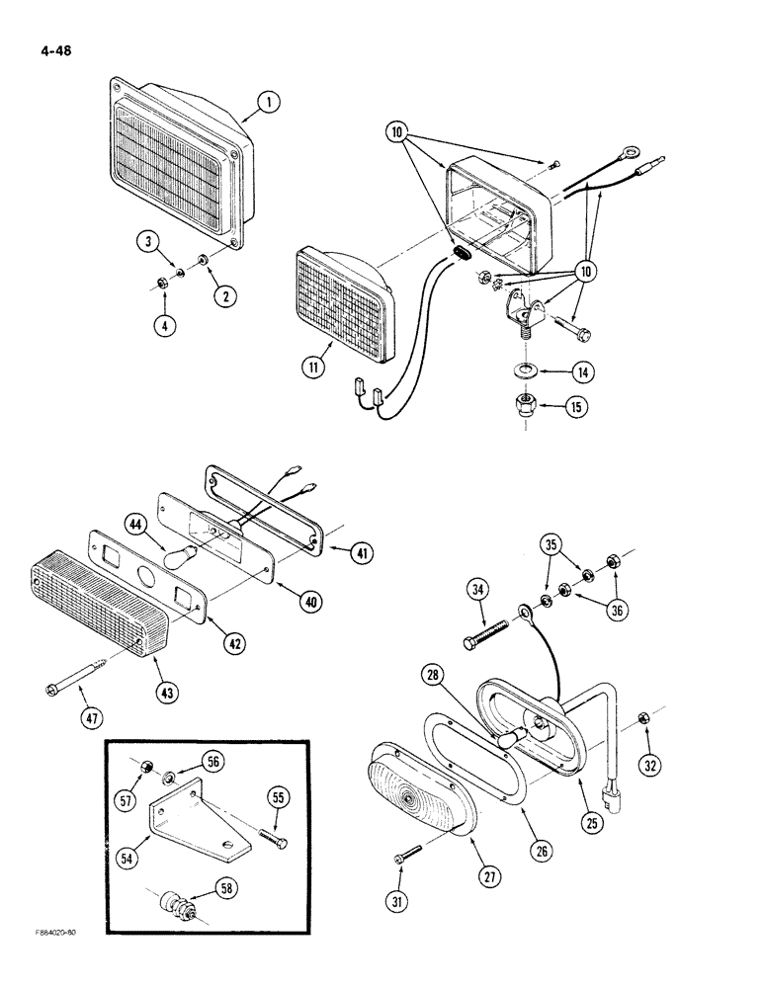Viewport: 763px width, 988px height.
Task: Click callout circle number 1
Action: click(267, 101)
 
